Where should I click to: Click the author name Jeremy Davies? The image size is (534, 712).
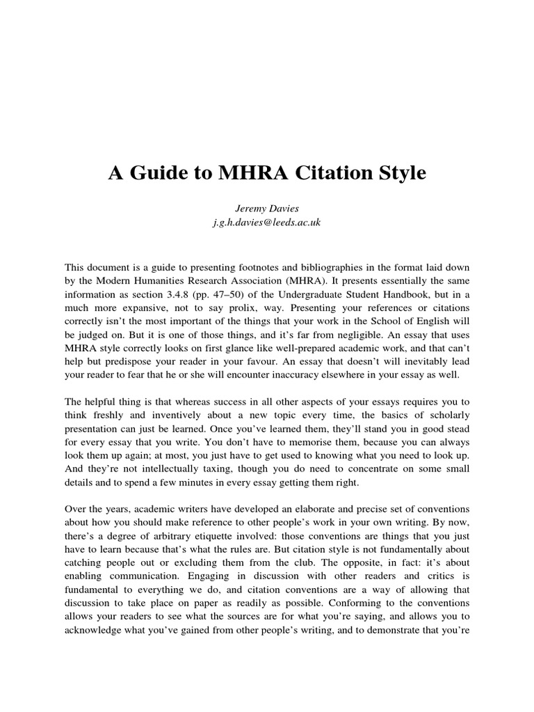click(267, 209)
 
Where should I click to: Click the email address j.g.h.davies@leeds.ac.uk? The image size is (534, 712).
click(267, 222)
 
